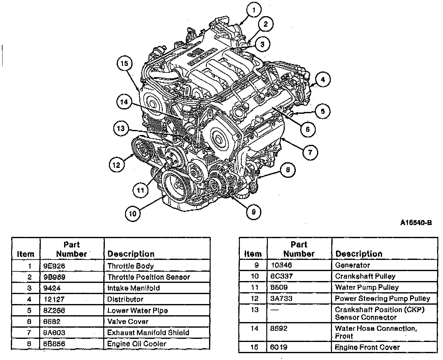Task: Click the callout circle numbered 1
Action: click(254, 10)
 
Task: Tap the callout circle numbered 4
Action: click(323, 80)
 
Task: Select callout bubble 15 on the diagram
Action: click(124, 63)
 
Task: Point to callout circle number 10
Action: click(133, 214)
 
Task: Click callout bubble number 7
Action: click(310, 152)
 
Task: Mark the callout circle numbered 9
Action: click(254, 212)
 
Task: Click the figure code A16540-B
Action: click(416, 223)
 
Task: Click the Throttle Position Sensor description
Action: click(149, 277)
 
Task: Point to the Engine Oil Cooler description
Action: click(137, 344)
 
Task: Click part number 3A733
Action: click(281, 298)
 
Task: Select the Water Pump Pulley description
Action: click(367, 288)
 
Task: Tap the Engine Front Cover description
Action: click(367, 347)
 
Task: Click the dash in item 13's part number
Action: click(274, 310)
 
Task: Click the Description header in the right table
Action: click(359, 254)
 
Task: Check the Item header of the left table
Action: click(26, 254)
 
